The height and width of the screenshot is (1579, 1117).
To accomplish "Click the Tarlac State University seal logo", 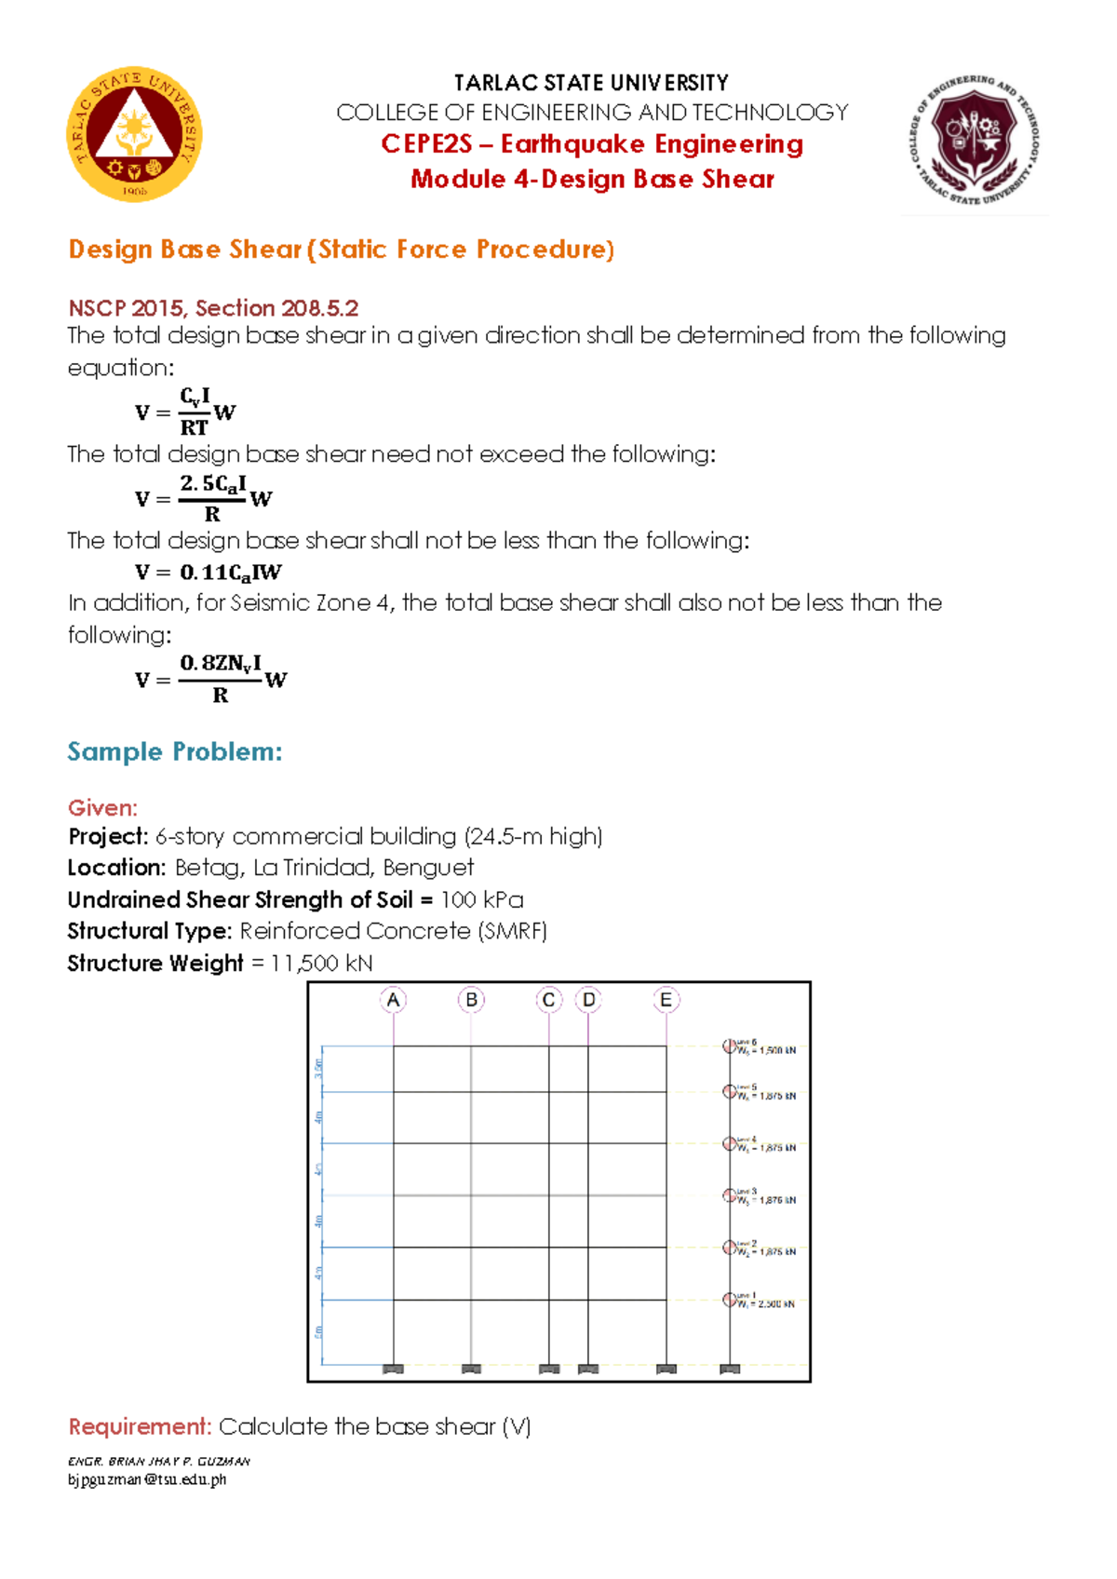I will coord(134,134).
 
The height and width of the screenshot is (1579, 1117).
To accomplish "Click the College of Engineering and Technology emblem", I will coord(974,140).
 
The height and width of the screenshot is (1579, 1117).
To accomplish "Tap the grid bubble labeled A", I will coord(393,1000).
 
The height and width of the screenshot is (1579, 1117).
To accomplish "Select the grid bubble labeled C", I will coord(548,1000).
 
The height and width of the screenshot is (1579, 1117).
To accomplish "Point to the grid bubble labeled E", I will coord(666,1000).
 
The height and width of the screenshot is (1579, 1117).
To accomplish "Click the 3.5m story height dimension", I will coord(318,1069).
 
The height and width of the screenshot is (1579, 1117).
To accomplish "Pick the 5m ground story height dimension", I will coord(318,1332).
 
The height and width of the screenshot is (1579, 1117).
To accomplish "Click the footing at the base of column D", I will coord(587,1369).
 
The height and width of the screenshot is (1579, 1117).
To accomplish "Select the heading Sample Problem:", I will coord(174,751).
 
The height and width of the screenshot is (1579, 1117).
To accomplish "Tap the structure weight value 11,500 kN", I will coord(321,963).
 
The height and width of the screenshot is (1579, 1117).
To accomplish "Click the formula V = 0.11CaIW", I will coord(209,573).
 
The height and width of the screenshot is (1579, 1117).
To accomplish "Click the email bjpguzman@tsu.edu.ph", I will coord(147,1479).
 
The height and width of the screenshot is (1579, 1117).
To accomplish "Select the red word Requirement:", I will coord(140,1426).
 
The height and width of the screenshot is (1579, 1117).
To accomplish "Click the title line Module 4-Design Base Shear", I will coord(592,179).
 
